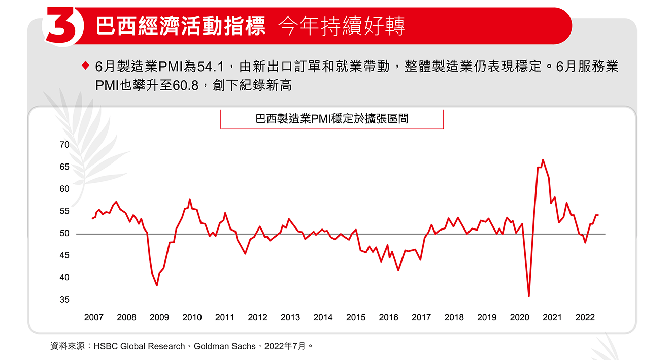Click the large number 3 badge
[x=64, y=26]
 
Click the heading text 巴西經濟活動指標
[x=181, y=27]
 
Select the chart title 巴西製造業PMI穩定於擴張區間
[x=332, y=119]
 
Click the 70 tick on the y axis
[x=64, y=145]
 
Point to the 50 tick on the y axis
[x=64, y=234]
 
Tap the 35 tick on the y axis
[x=64, y=300]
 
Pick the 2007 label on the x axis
[x=93, y=317]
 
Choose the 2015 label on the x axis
[x=355, y=317]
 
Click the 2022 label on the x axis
[x=585, y=317]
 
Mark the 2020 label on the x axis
[x=519, y=317]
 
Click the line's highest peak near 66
[x=543, y=160]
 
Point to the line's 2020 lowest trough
[x=529, y=296]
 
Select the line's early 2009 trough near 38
[x=157, y=285]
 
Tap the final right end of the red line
[x=598, y=215]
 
